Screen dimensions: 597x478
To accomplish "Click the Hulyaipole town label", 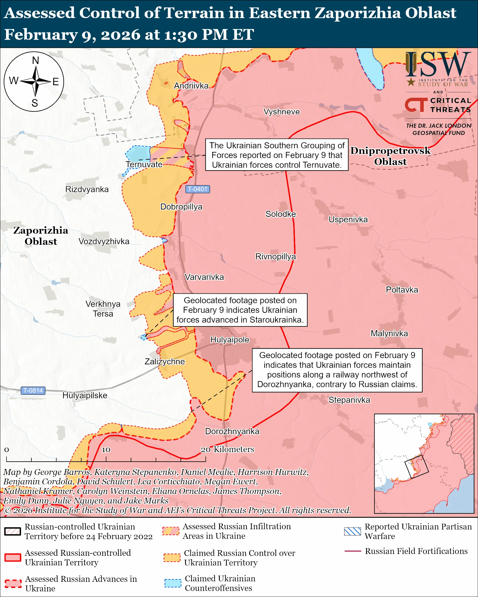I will [230, 340].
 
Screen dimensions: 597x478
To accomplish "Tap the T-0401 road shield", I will [198, 189].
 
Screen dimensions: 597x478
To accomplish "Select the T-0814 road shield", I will [33, 391].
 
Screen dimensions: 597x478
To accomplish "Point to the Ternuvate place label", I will [144, 164].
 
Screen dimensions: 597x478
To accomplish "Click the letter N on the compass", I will [35, 60].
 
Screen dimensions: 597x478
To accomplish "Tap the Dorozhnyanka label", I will [232, 432].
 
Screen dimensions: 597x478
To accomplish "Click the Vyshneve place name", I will [281, 112].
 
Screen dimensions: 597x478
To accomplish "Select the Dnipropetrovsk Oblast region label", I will [390, 156].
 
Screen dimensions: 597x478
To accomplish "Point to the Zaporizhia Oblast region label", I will [41, 236].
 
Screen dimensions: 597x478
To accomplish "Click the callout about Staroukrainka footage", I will [240, 310].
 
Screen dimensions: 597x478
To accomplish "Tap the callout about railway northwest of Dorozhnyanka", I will [337, 370].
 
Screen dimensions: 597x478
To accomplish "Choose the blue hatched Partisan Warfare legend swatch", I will [353, 531].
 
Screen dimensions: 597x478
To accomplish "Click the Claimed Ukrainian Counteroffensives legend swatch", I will [173, 583].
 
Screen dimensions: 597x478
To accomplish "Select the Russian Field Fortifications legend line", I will [353, 551].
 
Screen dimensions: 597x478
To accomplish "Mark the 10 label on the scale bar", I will [106, 450].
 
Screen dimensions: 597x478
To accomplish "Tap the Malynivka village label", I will [389, 334].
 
